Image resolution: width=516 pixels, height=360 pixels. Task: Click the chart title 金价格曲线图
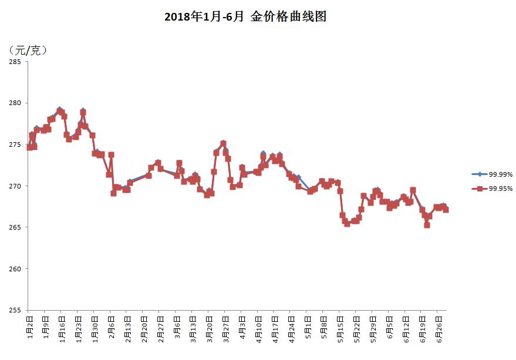point(245,17)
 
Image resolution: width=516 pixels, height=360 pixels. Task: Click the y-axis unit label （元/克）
point(28,51)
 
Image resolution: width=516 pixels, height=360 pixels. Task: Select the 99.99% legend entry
point(493,174)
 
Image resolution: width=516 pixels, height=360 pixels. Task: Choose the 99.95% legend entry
point(493,189)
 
